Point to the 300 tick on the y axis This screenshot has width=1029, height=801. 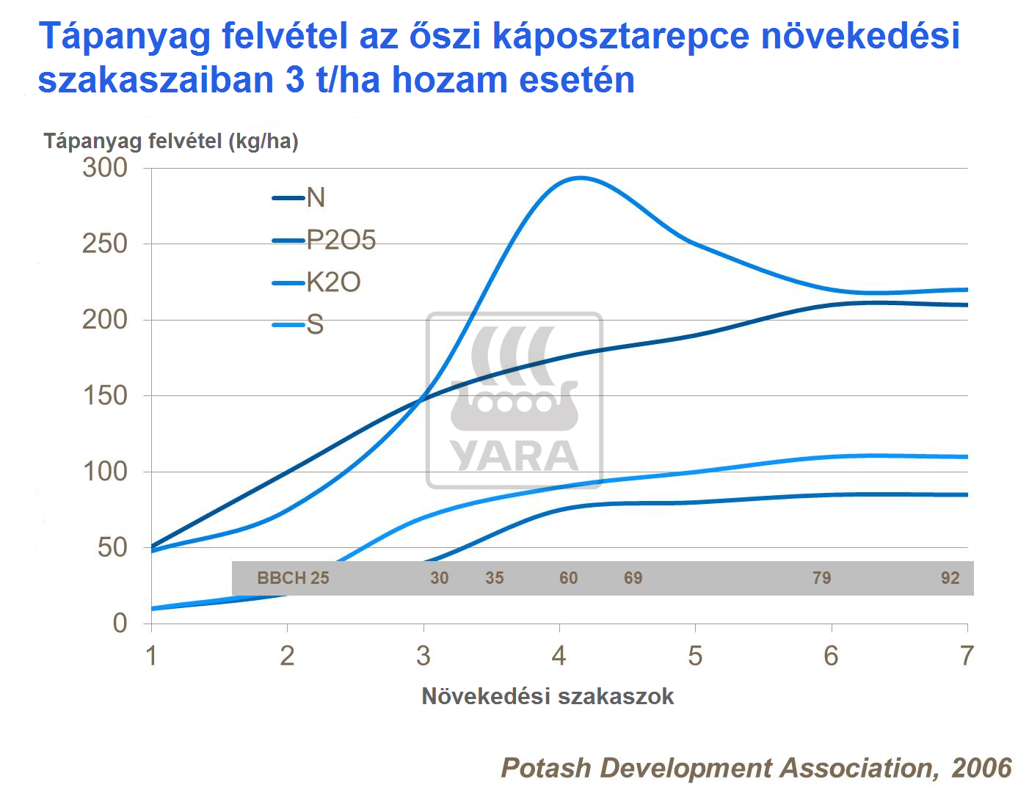tap(105, 168)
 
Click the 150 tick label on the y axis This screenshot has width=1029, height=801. tap(105, 395)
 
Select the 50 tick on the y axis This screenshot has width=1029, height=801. tap(112, 547)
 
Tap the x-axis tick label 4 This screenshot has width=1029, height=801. tap(559, 655)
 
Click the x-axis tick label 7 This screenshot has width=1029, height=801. tap(967, 655)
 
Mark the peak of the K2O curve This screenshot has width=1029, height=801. tap(581, 178)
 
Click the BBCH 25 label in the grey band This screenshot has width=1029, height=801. tap(293, 578)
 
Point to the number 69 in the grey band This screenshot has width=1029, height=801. tap(633, 578)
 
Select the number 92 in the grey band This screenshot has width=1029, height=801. tap(950, 578)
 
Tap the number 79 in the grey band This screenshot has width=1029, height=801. tap(821, 578)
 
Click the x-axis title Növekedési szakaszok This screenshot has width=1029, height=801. tap(548, 696)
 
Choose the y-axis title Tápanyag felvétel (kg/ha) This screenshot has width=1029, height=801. tap(171, 141)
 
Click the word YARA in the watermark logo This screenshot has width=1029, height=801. tap(514, 456)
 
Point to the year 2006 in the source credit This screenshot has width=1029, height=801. tap(981, 768)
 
